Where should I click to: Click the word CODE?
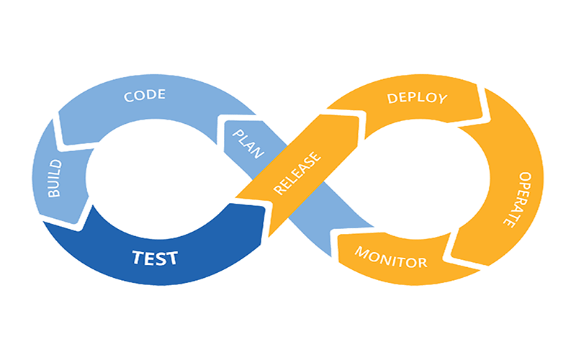(145, 95)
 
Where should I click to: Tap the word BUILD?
(55, 179)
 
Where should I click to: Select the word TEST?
(154, 257)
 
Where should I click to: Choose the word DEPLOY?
(418, 97)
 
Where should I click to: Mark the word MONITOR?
(390, 257)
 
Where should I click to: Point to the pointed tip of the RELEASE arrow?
(358, 115)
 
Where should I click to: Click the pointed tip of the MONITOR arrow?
(336, 249)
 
